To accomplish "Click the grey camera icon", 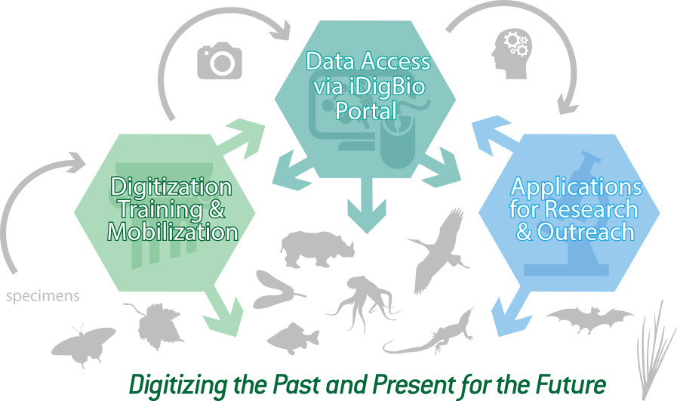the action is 220,60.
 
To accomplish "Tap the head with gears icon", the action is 512,54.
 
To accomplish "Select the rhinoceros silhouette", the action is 317,249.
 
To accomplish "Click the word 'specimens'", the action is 43,297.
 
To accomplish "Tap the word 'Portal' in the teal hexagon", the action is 366,110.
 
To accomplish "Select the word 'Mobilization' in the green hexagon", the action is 173,232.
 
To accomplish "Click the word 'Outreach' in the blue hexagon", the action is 586,232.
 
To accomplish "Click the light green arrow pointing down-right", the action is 223,312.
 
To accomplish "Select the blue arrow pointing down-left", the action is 511,313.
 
